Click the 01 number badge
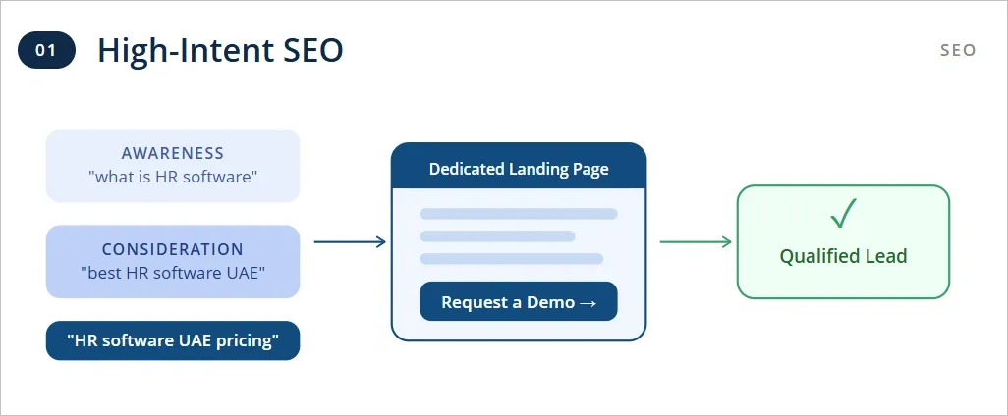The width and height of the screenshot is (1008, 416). click(x=46, y=51)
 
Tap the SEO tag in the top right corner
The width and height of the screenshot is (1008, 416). click(x=957, y=50)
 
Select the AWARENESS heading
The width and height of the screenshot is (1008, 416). click(x=173, y=154)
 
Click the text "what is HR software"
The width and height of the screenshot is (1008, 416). click(x=173, y=177)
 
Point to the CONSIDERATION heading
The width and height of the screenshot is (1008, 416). click(x=173, y=250)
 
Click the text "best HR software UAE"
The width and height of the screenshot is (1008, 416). click(x=173, y=273)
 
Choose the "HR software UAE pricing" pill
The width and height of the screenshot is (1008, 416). click(x=173, y=341)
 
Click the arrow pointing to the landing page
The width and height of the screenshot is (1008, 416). click(x=349, y=241)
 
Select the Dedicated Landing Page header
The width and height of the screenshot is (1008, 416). click(x=519, y=169)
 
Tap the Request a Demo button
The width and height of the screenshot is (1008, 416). click(x=519, y=302)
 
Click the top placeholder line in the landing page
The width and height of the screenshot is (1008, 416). click(x=519, y=214)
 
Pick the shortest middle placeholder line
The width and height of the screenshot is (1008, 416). click(x=497, y=236)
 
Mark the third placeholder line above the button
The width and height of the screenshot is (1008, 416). click(x=511, y=259)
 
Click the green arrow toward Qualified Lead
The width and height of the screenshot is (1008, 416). click(x=695, y=241)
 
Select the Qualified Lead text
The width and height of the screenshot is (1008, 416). click(x=843, y=257)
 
